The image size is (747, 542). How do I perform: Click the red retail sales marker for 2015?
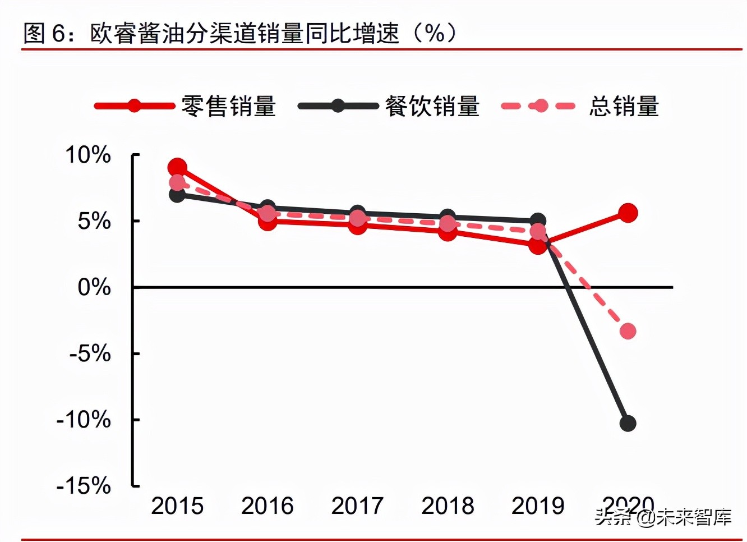(x=177, y=167)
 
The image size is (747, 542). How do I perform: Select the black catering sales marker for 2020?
(x=628, y=423)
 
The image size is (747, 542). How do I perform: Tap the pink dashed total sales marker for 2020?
(x=628, y=331)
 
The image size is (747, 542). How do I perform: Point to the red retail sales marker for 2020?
(x=628, y=213)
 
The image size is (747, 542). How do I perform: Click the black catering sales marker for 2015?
(x=177, y=195)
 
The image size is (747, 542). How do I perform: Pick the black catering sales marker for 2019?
(x=538, y=221)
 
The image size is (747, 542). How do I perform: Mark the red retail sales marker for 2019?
(x=538, y=245)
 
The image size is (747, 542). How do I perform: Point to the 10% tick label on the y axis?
(x=88, y=155)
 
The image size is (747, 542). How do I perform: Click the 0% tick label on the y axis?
(x=94, y=287)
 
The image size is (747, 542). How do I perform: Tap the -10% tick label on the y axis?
(x=84, y=419)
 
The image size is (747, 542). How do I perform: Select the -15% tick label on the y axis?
(x=84, y=485)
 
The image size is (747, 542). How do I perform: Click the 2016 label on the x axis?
(x=267, y=506)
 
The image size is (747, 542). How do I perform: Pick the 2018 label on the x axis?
(x=448, y=506)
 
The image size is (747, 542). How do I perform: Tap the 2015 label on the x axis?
(x=177, y=506)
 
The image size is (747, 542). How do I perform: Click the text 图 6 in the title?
(x=44, y=34)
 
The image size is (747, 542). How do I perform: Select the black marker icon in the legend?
(x=338, y=105)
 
